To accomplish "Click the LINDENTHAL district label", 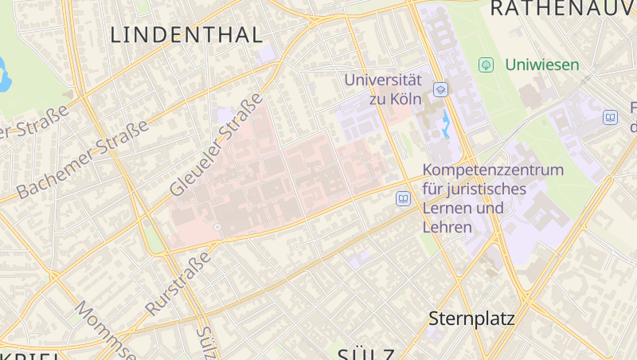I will click(x=186, y=35).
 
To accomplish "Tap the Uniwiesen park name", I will click(x=542, y=65).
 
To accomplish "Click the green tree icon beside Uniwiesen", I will click(x=485, y=64).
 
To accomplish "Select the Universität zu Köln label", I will click(x=382, y=89).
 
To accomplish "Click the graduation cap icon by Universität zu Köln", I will click(x=440, y=89).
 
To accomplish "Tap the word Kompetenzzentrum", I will click(x=493, y=170).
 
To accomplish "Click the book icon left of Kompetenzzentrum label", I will click(x=404, y=198).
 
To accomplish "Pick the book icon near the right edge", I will click(x=610, y=117).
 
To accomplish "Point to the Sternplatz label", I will click(x=471, y=319).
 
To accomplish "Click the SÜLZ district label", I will click(x=367, y=354).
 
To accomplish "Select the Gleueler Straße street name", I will click(x=216, y=145).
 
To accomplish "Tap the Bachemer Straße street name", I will click(x=82, y=160).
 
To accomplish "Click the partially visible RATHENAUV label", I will click(x=562, y=9).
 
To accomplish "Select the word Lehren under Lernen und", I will click(x=447, y=227).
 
